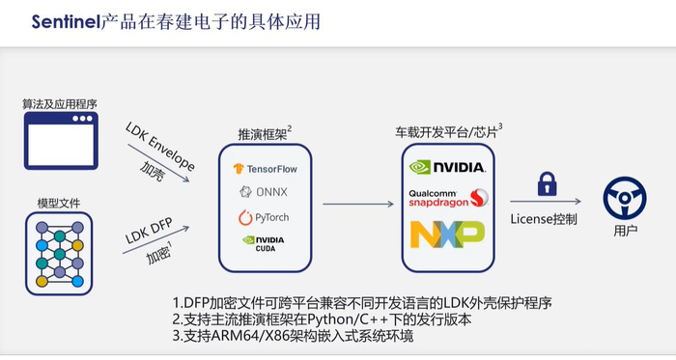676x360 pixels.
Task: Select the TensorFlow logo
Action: point(266,168)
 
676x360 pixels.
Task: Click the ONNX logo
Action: point(265,191)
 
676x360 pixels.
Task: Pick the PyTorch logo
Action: point(265,216)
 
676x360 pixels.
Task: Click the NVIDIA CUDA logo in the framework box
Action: point(265,242)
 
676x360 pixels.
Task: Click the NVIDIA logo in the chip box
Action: point(446,166)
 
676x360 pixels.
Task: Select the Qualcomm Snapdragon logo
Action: point(446,199)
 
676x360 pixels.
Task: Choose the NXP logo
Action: point(446,235)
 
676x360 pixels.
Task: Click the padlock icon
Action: point(546,184)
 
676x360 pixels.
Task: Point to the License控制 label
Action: point(545,219)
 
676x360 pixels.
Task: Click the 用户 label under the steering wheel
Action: point(625,233)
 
